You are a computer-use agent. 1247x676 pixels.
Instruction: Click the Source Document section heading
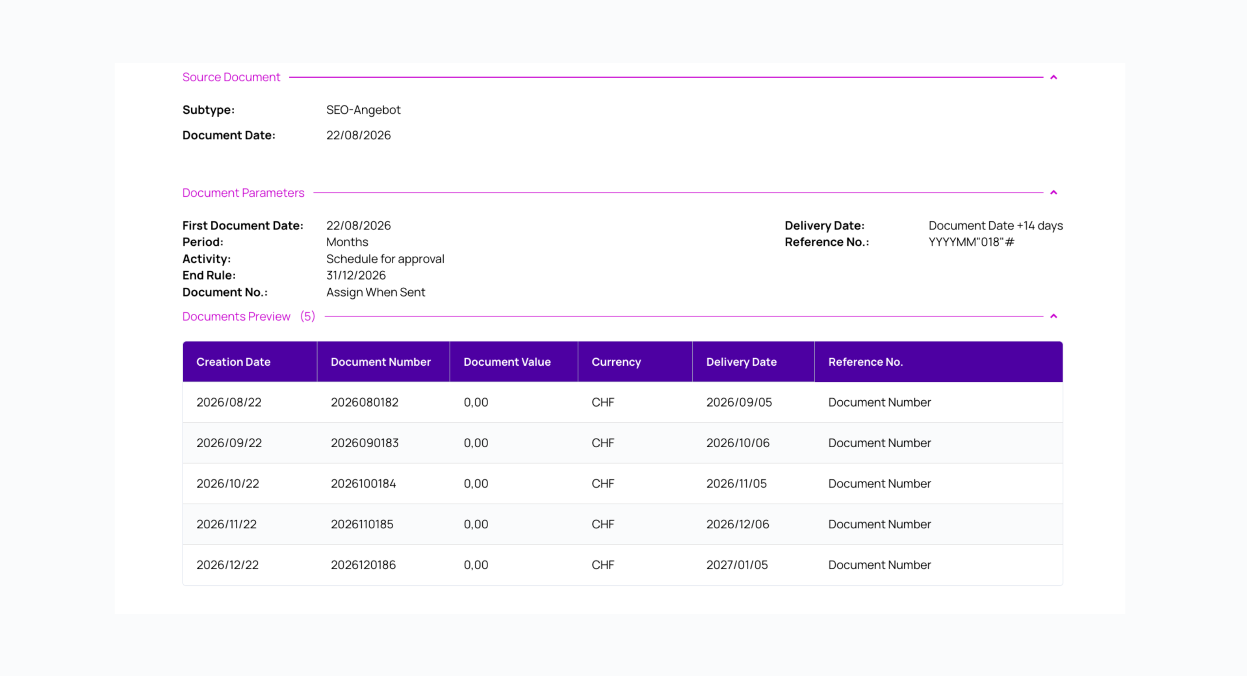coord(231,77)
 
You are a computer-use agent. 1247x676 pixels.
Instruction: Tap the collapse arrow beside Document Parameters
coord(1054,192)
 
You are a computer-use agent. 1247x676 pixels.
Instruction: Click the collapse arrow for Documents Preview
coord(1054,316)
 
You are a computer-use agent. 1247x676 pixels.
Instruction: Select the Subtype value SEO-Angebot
coord(363,110)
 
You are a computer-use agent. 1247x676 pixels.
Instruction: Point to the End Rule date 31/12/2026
coord(356,275)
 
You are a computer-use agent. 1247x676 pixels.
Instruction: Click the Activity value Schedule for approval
coord(385,259)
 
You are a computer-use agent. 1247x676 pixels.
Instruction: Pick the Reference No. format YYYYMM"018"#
coord(971,242)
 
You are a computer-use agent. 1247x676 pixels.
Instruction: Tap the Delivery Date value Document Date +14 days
coord(996,225)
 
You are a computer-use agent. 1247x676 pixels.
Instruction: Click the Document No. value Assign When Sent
coord(376,292)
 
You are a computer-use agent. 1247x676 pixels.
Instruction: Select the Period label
coord(203,242)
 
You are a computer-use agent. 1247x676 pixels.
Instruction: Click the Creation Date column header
coord(233,362)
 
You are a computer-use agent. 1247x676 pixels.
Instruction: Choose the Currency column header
coord(616,362)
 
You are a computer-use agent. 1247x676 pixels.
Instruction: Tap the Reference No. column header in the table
coord(866,362)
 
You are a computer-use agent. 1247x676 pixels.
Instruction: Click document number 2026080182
coord(364,402)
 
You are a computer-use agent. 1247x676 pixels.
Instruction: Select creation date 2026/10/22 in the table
coord(227,484)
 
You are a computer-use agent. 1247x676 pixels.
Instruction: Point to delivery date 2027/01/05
coord(737,565)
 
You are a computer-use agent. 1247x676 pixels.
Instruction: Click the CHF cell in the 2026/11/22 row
coord(603,525)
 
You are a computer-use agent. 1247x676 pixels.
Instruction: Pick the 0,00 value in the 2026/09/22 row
coord(476,443)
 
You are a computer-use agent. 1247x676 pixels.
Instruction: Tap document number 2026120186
coord(363,565)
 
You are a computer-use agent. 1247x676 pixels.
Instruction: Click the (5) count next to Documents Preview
coord(307,316)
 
